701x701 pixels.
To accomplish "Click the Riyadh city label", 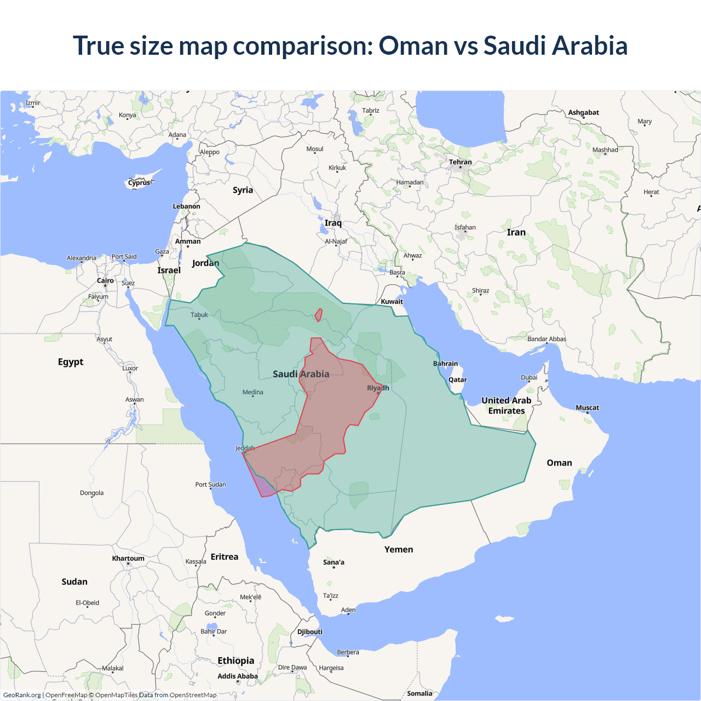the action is click(378, 388).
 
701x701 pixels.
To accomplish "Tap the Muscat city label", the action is click(587, 407).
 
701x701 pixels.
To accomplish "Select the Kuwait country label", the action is click(392, 301).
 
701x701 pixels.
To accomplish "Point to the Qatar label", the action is click(457, 380).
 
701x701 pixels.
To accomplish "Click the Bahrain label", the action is click(445, 364).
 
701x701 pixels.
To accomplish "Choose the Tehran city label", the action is click(460, 162).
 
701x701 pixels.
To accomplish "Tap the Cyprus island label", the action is click(139, 183).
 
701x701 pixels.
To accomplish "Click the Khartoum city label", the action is click(128, 559).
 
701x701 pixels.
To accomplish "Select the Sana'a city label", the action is click(334, 562).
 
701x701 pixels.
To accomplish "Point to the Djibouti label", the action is click(310, 631).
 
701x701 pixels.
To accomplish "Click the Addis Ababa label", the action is click(237, 676).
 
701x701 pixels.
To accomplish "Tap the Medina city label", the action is click(252, 392).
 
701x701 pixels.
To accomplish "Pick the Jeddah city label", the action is click(245, 448).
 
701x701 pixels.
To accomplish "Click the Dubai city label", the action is click(529, 377).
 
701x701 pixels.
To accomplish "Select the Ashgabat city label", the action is click(583, 112).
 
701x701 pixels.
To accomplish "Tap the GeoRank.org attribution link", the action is click(22, 695).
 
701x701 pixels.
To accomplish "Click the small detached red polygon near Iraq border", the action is click(318, 315).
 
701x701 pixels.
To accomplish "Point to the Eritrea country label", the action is click(225, 557).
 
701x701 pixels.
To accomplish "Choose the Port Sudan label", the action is click(210, 484).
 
